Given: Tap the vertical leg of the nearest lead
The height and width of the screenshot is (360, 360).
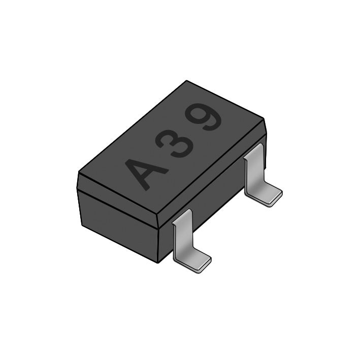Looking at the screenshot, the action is pos(182,234).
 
